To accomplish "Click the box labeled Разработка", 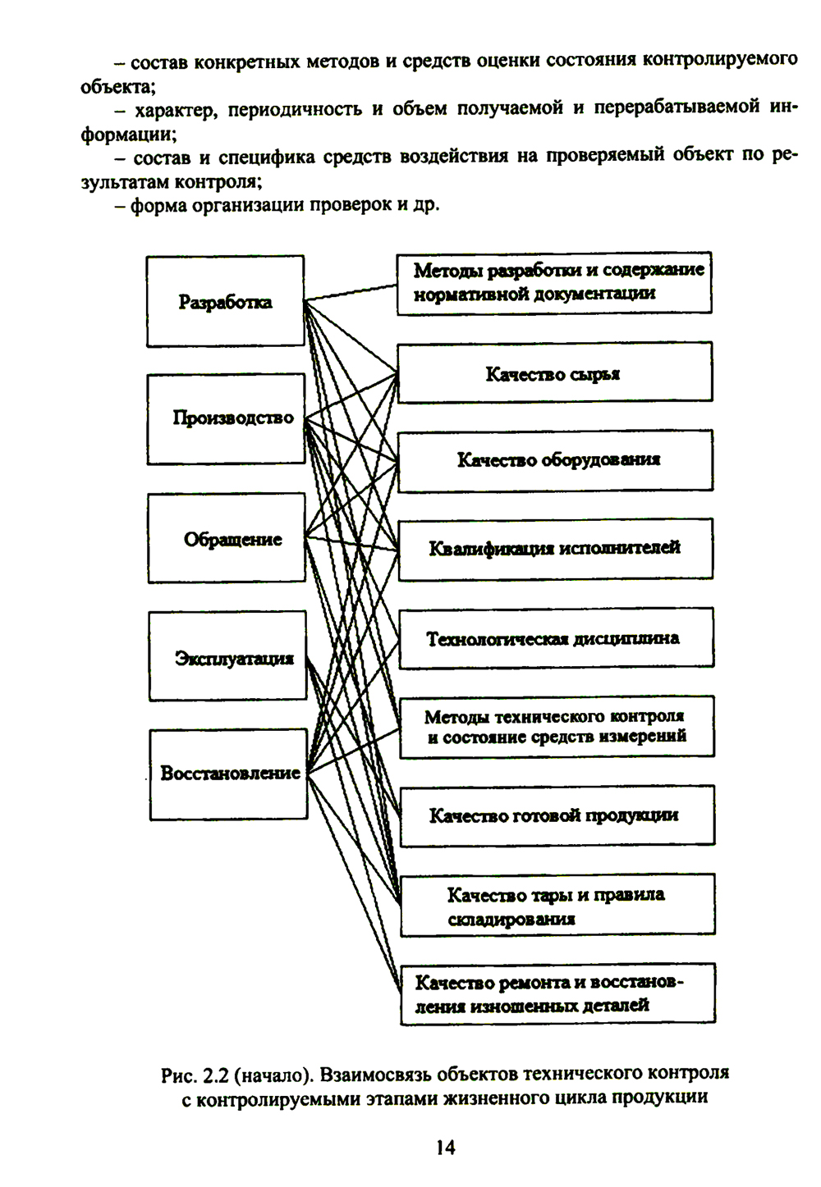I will point(225,301).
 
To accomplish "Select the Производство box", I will point(226,418).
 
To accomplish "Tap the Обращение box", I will point(227,539).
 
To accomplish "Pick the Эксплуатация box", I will point(227,656).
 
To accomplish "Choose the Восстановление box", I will point(228,774).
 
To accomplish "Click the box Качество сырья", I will point(554,373).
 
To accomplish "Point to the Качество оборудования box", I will point(555,460).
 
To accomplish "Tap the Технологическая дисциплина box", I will point(556,638).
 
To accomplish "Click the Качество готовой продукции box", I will point(557,815).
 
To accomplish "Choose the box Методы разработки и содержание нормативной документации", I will point(554,283).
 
